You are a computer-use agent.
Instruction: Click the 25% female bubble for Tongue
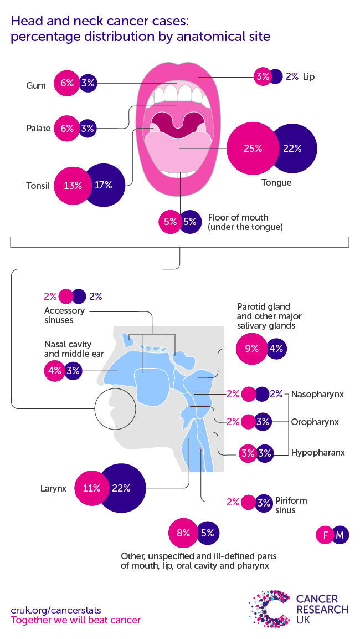251,149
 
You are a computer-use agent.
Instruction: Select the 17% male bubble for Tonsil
104,185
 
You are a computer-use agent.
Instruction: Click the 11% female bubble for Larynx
92,488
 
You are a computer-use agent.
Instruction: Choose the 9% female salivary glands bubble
251,349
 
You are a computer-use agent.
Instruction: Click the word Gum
35,85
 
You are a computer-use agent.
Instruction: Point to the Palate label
38,129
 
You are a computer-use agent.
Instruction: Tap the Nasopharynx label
317,395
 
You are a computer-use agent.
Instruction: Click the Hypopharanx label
318,452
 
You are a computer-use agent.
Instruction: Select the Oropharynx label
315,422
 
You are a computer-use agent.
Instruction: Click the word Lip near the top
308,76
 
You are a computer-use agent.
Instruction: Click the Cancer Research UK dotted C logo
271,609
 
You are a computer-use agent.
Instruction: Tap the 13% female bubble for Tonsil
72,185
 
